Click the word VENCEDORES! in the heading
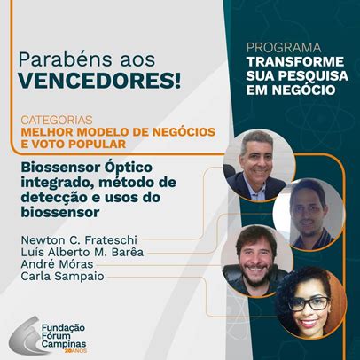coord(99,80)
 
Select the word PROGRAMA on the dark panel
coord(284,48)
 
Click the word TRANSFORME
coord(295,62)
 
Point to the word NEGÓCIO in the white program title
coord(303,90)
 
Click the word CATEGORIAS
coord(57,121)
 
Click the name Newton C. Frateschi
coord(79,239)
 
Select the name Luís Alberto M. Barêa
coord(82,252)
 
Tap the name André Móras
coord(57,264)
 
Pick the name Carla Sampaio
coord(62,277)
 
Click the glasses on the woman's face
coord(309,303)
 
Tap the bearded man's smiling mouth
coord(254,270)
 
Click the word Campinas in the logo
coord(64,344)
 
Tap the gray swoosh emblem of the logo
coord(27,336)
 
